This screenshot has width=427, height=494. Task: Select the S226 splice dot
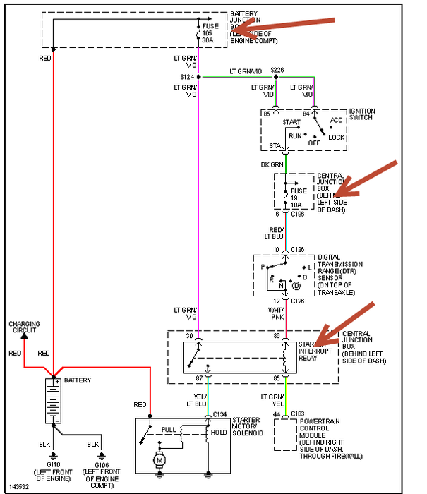(276, 76)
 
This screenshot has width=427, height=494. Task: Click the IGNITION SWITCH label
(362, 114)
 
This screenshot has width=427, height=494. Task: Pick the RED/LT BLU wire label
(274, 234)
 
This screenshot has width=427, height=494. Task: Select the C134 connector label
(219, 414)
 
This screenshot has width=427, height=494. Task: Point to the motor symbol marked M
(160, 459)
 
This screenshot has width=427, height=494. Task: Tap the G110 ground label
(54, 466)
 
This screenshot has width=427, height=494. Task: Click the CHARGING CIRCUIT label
(25, 327)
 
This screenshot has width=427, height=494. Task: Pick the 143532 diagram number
(18, 487)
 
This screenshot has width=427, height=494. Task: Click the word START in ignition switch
(291, 122)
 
